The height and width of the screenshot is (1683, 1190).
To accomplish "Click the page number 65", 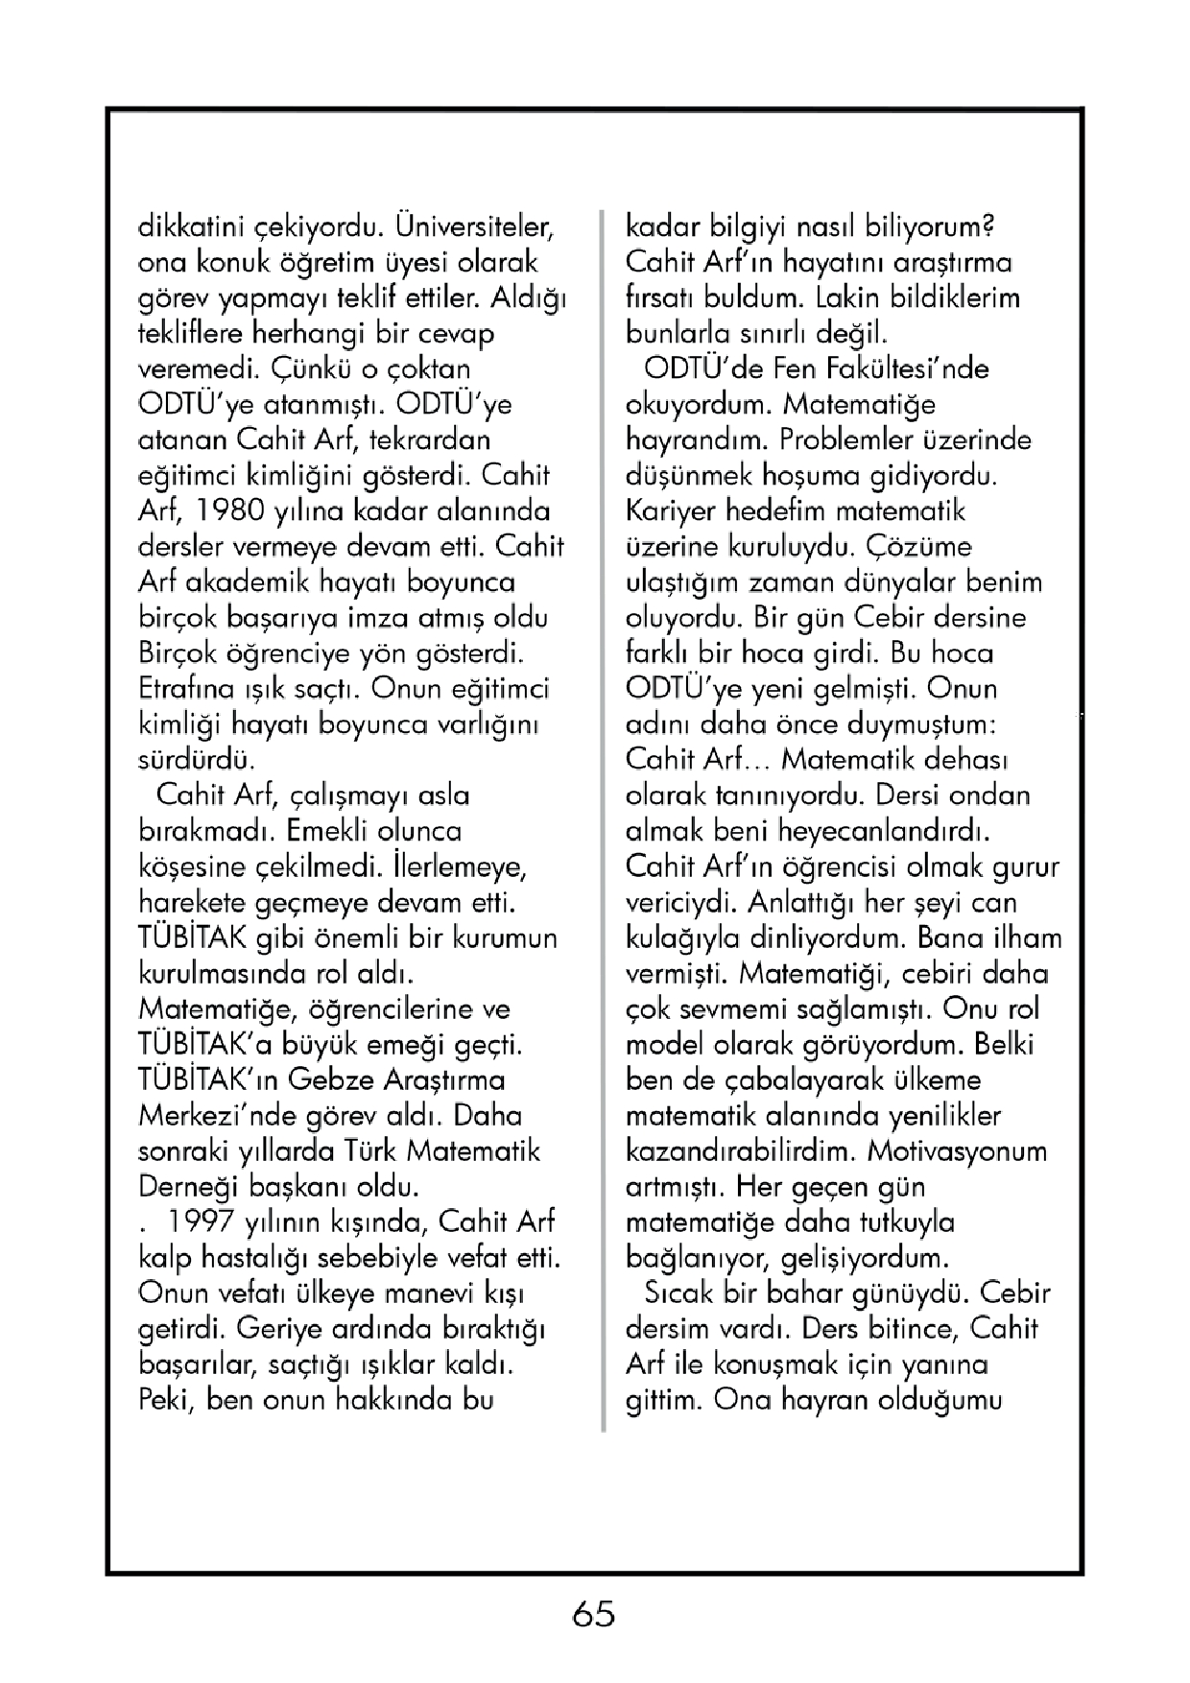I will coord(593,1614).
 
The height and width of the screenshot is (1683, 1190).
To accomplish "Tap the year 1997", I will coord(200,1222).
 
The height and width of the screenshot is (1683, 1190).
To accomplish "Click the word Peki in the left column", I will coord(167,1400).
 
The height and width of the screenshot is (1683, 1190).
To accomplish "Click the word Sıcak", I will coord(678,1293).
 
